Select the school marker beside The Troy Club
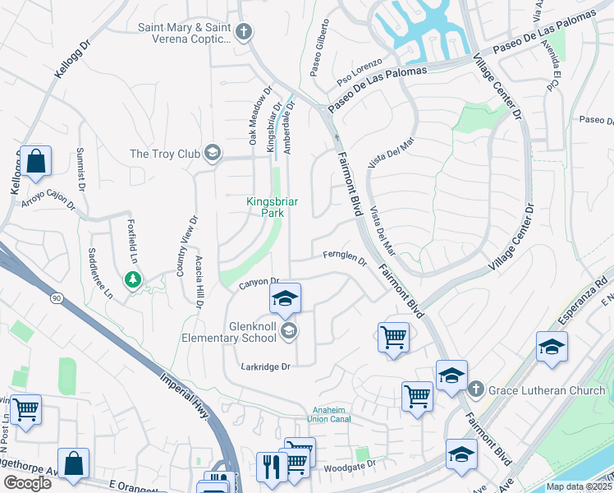213,153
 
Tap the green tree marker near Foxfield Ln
132,280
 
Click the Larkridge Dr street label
267,366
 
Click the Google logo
27,483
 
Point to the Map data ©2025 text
580,486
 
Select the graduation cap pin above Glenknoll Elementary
286,298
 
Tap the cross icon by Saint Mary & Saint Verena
242,33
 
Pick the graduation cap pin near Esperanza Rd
552,347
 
